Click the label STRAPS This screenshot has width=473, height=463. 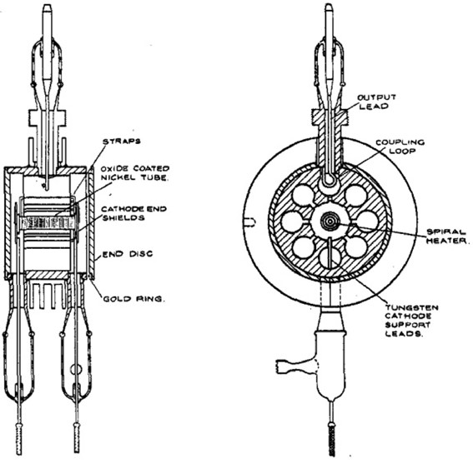tap(122, 142)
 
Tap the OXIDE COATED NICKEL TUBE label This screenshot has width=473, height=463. tap(135, 173)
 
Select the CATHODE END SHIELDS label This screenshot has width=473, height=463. tap(134, 213)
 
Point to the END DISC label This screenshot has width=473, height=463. tap(128, 254)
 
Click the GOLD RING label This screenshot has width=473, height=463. tap(134, 299)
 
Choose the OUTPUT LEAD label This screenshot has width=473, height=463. tap(376, 102)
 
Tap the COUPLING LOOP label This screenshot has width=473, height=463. tap(400, 147)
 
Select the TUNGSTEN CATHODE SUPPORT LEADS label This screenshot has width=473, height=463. tap(411, 321)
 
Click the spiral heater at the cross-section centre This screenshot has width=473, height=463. tap(330, 222)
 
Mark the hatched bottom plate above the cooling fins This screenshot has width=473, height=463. tap(47, 275)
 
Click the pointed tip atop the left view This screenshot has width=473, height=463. tap(47, 5)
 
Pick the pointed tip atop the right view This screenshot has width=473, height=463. tap(330, 5)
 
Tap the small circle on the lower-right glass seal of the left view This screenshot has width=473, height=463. tap(75, 369)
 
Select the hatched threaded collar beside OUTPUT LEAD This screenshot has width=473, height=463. tap(330, 117)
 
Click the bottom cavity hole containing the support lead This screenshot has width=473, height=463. tap(330, 257)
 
